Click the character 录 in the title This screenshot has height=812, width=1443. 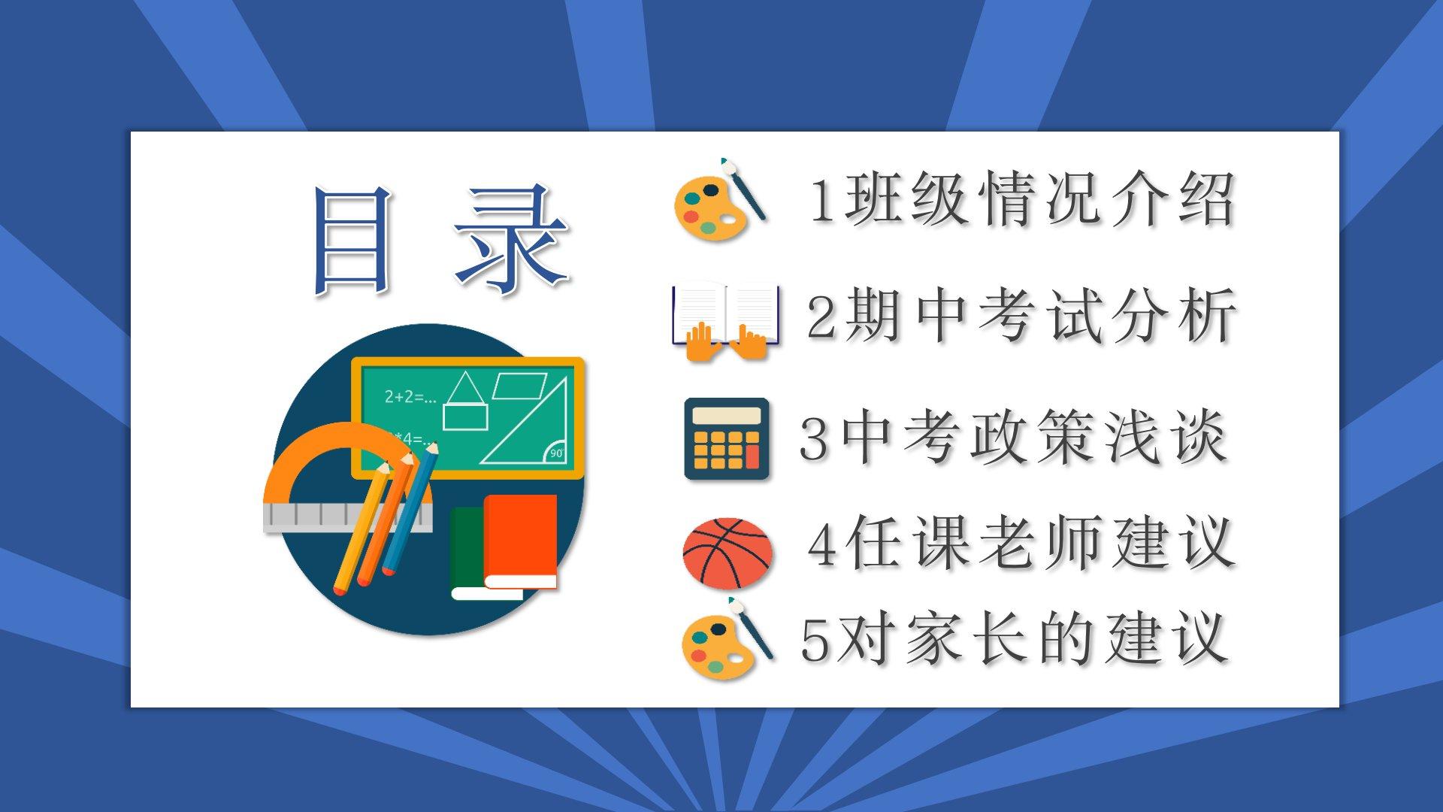tap(512, 238)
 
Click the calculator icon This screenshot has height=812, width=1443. tap(727, 438)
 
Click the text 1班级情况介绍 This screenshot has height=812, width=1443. tap(1021, 200)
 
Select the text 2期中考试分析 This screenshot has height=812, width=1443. tap(1021, 315)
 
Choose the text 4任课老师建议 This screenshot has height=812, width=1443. tap(1021, 544)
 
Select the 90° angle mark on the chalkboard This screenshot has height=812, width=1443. tap(556, 452)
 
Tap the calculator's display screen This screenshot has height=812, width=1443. tap(727, 417)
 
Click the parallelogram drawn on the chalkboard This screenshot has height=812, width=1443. tap(520, 385)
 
